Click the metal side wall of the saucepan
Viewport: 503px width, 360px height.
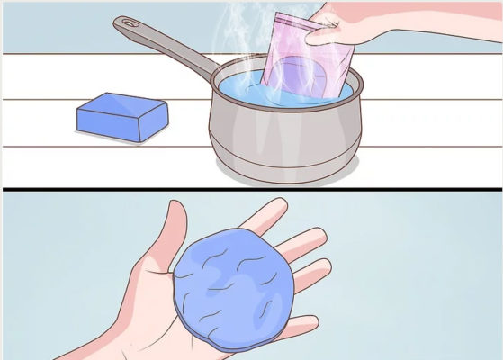270,135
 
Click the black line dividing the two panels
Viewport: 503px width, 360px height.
252,189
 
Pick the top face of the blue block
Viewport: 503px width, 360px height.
126,109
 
